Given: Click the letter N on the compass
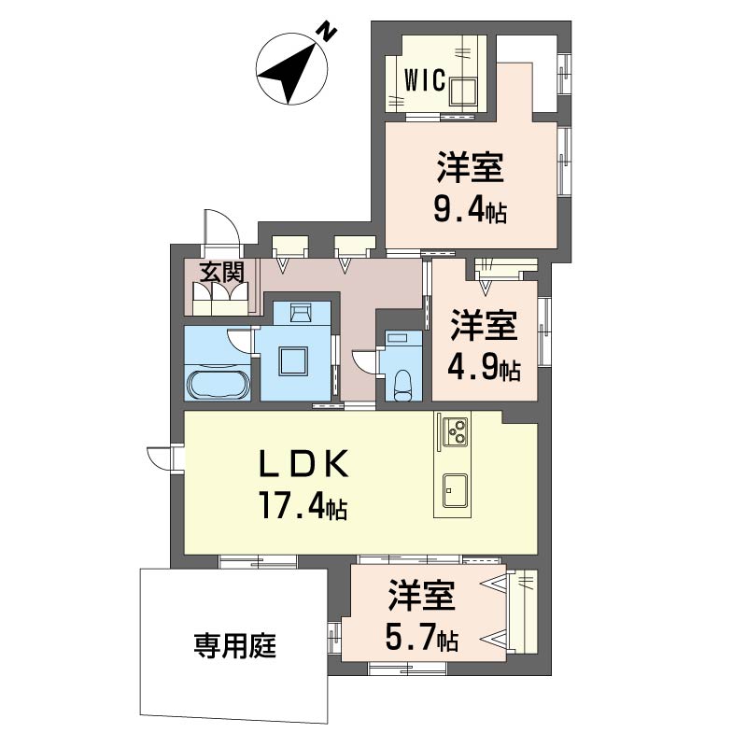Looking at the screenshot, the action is click(x=327, y=31).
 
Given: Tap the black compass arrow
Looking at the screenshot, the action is click(x=288, y=75).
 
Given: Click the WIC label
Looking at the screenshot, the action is click(x=425, y=79).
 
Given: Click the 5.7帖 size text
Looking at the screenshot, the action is click(x=422, y=639).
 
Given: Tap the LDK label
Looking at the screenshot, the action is click(x=303, y=464).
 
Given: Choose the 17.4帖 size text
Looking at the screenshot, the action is click(x=303, y=506).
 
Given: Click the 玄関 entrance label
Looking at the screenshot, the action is click(x=221, y=273).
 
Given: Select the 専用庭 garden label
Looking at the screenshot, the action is click(x=235, y=646).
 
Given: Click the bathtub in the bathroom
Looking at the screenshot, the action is click(x=218, y=384).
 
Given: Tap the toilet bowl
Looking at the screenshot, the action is click(x=403, y=384).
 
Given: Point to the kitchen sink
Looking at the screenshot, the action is click(x=455, y=490).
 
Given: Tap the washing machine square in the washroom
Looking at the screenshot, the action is click(x=293, y=361).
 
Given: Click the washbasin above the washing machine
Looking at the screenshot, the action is click(x=300, y=314).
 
